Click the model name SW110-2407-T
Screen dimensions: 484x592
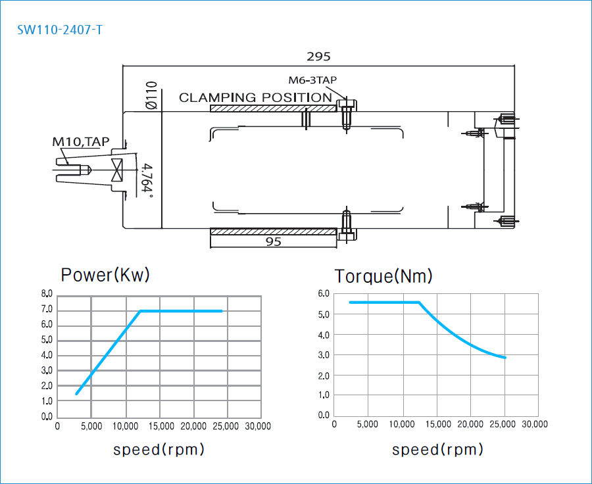(x=60, y=30)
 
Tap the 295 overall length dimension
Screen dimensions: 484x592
(x=319, y=57)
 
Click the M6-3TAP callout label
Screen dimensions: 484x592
(x=312, y=80)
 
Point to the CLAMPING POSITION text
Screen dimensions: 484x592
(x=255, y=97)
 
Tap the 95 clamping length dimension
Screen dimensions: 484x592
(x=274, y=242)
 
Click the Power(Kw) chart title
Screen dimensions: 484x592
(x=105, y=275)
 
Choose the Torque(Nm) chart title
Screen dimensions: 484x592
(x=383, y=276)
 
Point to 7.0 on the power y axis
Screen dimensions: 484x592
(x=47, y=310)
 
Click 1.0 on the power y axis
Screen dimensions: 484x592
(x=47, y=401)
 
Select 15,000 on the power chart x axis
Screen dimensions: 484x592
(x=160, y=426)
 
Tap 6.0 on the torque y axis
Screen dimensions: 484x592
(x=323, y=294)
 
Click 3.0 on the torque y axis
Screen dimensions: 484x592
(x=323, y=355)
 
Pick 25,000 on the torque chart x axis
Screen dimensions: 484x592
(x=503, y=424)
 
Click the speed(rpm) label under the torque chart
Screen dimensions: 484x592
(x=437, y=450)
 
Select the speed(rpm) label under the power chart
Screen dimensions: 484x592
(x=159, y=450)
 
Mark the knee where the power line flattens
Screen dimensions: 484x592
(x=140, y=311)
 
